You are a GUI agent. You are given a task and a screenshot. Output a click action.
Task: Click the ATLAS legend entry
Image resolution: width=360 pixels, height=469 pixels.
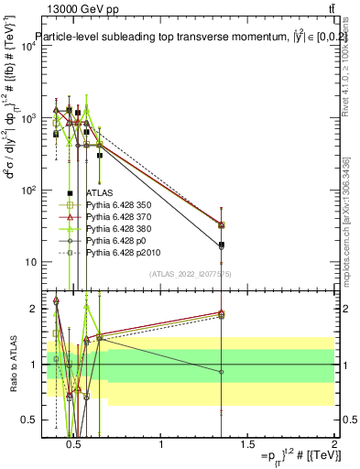pyautogui.click(x=100, y=193)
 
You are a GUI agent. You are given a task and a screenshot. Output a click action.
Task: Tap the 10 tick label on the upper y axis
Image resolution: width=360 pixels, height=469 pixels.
pyautogui.click(x=27, y=262)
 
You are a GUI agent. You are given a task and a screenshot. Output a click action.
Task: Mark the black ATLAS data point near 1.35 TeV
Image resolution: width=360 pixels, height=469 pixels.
pyautogui.click(x=222, y=245)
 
